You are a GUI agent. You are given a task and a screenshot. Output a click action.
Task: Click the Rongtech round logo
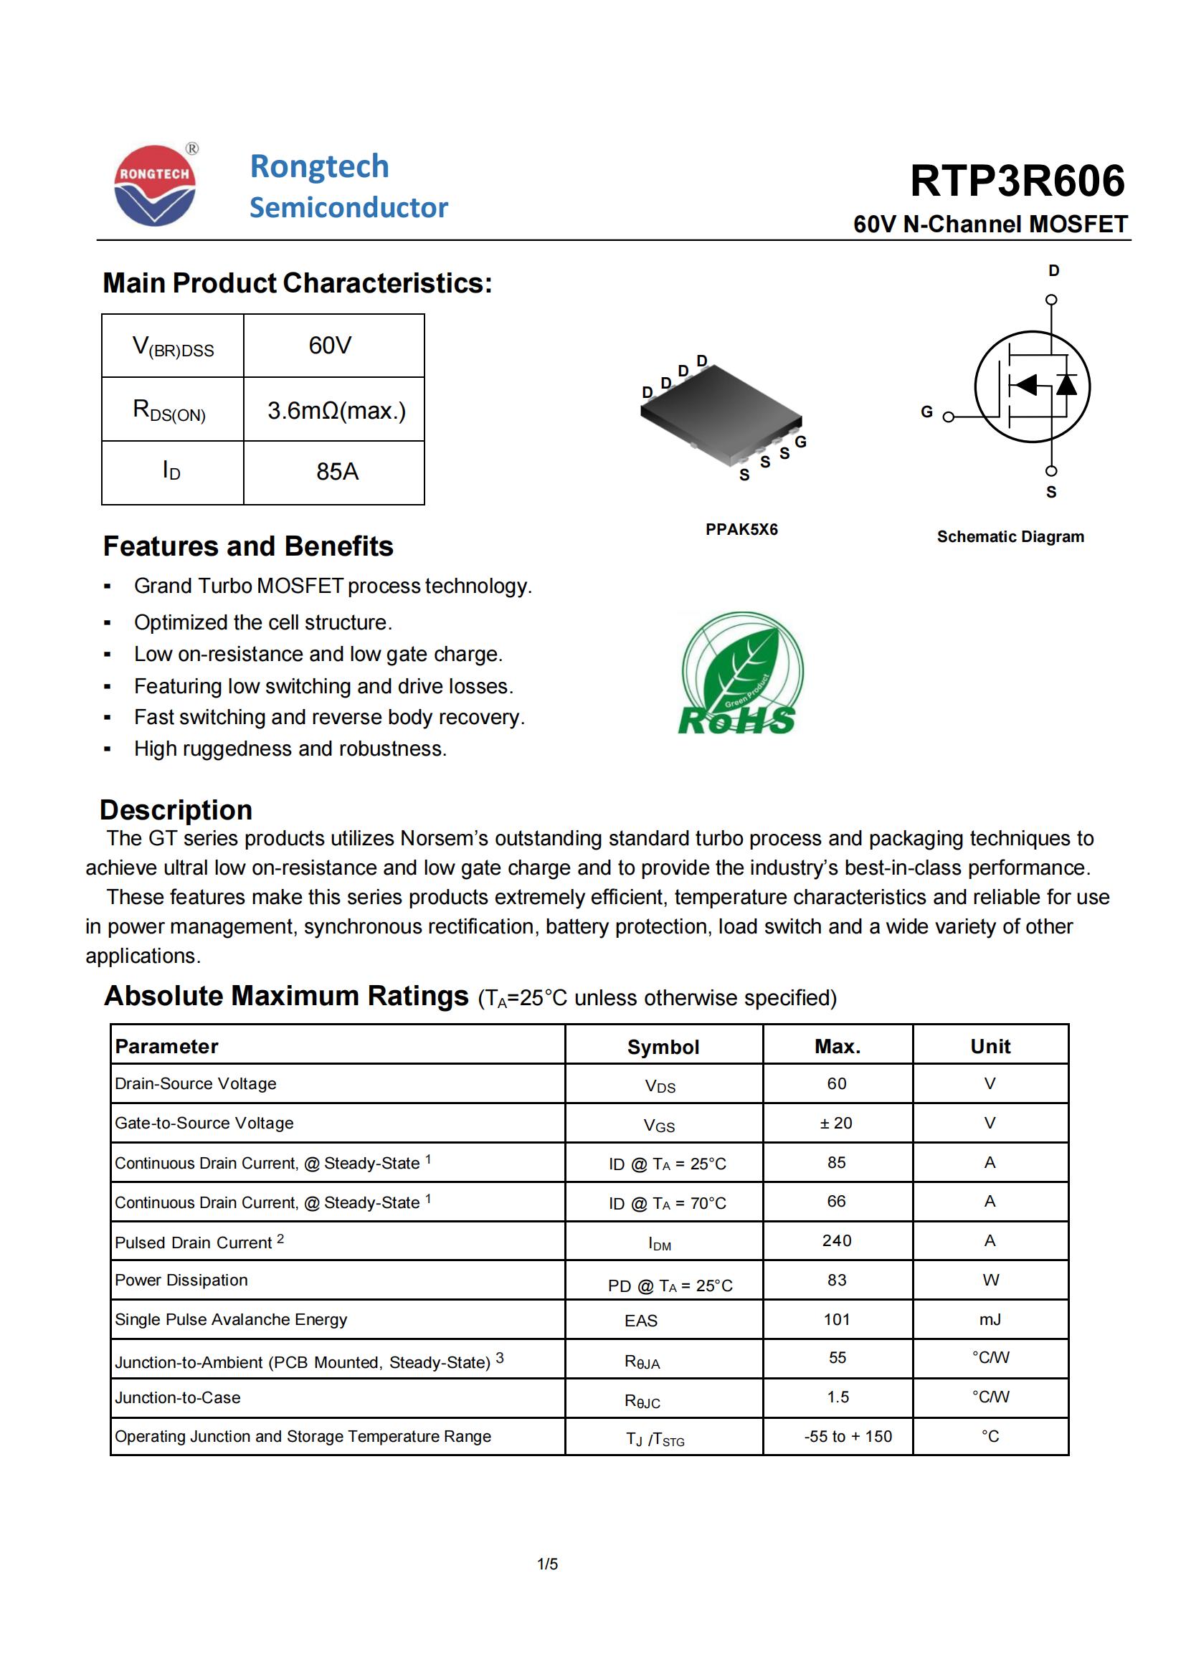pos(155,186)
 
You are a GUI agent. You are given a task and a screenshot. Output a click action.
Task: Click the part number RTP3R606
pos(1017,181)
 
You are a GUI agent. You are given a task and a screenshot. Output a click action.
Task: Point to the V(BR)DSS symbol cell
pos(173,346)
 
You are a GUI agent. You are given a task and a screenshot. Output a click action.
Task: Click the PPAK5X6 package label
pos(741,530)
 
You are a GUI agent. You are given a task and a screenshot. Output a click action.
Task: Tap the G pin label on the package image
pos(800,442)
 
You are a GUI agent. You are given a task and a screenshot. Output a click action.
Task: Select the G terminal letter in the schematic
pos(926,412)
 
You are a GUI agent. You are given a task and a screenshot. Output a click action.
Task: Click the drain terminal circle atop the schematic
pos(1051,300)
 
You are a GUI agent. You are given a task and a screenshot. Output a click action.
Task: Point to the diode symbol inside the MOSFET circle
pos(1066,384)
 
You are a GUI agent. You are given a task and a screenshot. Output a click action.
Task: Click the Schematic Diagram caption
pos(1010,537)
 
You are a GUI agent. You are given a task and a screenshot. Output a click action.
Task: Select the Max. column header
pos(837,1047)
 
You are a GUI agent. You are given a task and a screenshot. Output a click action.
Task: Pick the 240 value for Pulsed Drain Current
pos(837,1241)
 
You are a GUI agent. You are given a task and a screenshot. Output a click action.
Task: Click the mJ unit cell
pos(990,1320)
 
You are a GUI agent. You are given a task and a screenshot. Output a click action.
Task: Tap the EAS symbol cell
pos(640,1321)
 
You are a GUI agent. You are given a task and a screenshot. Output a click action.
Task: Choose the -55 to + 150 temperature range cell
pos(848,1437)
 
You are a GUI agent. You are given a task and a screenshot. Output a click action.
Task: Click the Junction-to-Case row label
pos(177,1398)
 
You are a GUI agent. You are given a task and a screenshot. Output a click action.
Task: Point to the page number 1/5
pos(547,1564)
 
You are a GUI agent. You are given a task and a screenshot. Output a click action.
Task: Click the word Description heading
pos(176,810)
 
